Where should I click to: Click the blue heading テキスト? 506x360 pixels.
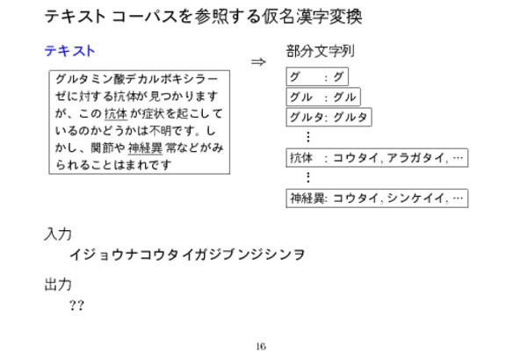point(69,51)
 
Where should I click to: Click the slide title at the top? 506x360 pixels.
point(203,16)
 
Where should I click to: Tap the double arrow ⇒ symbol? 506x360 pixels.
point(258,61)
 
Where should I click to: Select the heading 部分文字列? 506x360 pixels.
point(320,51)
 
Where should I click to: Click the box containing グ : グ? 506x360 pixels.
point(317,76)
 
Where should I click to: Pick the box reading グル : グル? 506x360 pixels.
point(323,97)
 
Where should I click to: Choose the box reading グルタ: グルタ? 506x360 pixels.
point(329,117)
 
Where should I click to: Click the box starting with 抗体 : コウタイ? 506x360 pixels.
point(377,158)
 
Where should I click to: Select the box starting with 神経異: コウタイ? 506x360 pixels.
point(377,198)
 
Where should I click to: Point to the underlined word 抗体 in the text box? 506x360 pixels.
point(116,113)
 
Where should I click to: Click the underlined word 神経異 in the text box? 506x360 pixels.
point(145,148)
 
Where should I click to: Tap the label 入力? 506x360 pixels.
point(58,234)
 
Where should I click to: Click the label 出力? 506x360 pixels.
point(58,284)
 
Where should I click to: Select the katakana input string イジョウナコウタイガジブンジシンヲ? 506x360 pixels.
point(187,254)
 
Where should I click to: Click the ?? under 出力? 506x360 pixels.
point(76,306)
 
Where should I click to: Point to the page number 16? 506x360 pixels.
point(261,347)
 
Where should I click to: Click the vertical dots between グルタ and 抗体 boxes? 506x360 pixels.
point(308,137)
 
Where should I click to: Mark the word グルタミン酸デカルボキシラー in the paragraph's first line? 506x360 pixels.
point(137,79)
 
